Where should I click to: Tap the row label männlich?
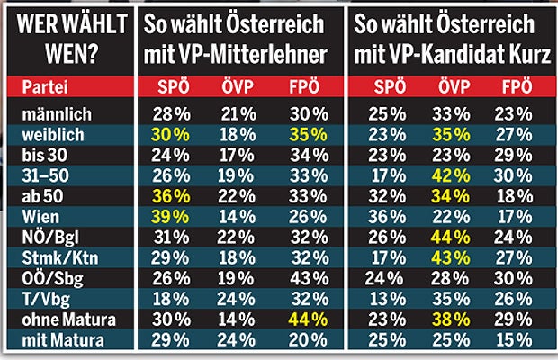pos(55,113)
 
